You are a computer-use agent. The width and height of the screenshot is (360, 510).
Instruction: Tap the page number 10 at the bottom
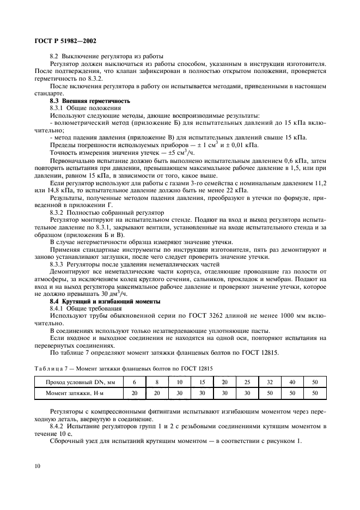36,466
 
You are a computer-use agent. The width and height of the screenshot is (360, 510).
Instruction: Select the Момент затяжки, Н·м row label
77,393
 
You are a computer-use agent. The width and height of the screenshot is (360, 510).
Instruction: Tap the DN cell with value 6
133,382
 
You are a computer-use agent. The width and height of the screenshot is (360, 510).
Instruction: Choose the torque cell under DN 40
292,393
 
